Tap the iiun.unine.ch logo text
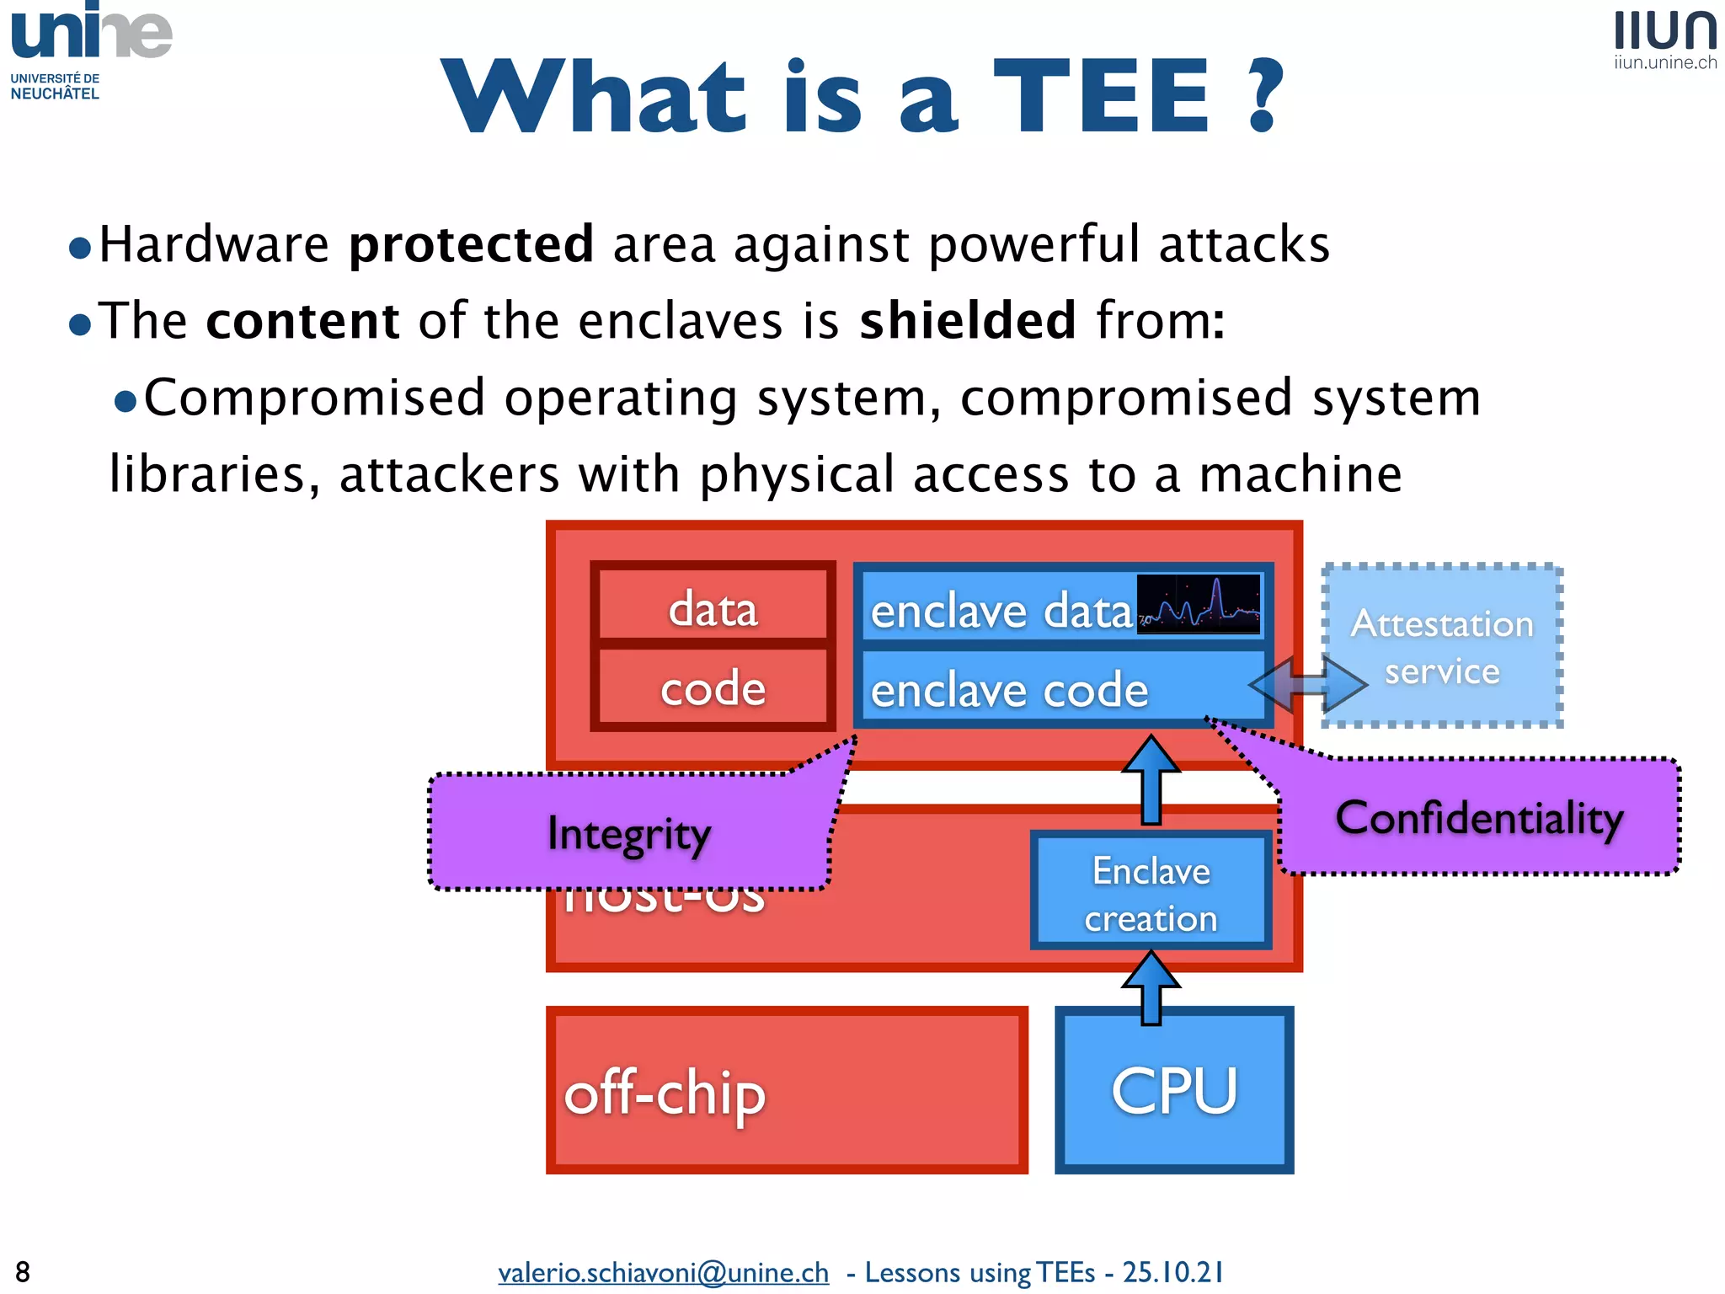click(x=1665, y=62)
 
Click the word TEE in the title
click(x=1102, y=97)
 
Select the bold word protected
click(x=472, y=244)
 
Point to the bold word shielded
click(x=968, y=321)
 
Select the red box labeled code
click(x=713, y=687)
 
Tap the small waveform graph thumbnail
click(x=1199, y=604)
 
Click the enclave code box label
click(x=1009, y=691)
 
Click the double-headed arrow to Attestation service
click(x=1308, y=683)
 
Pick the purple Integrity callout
click(x=628, y=833)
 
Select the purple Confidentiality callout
click(x=1479, y=818)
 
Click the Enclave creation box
click(x=1151, y=892)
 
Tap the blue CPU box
click(x=1174, y=1091)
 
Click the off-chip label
click(x=665, y=1093)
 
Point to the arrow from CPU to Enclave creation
click(x=1151, y=987)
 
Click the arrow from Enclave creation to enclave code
click(x=1151, y=778)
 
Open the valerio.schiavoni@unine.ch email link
click(x=663, y=1271)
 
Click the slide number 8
click(x=23, y=1271)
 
